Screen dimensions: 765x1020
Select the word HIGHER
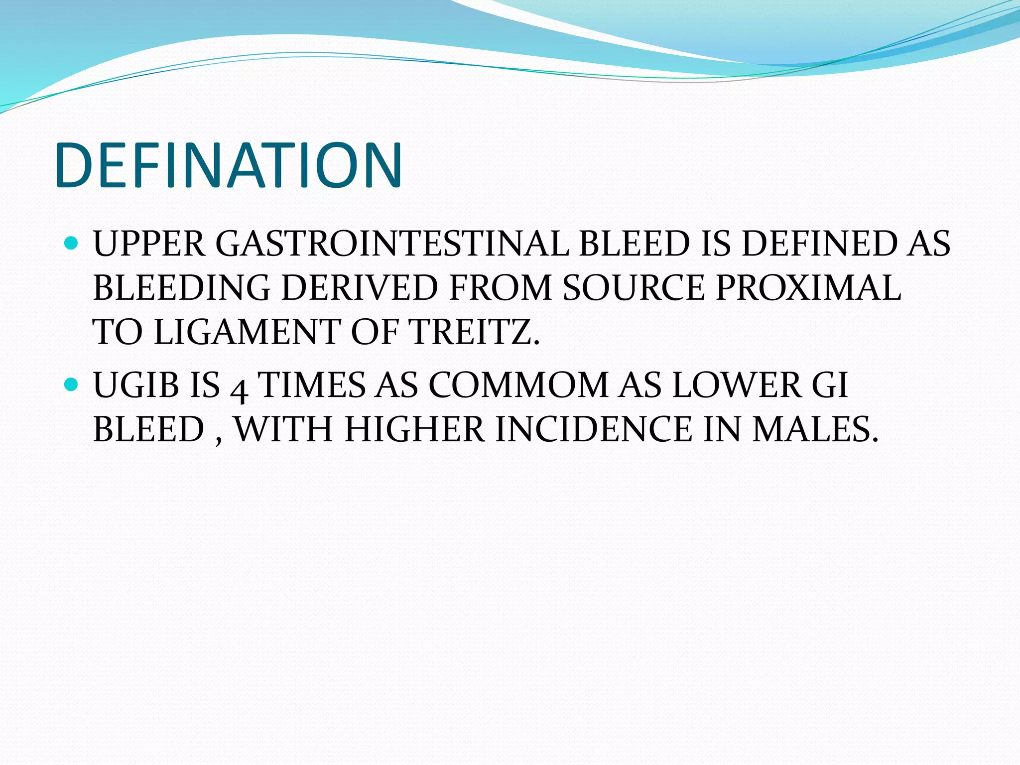coord(414,429)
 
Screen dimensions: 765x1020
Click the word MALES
coord(814,429)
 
